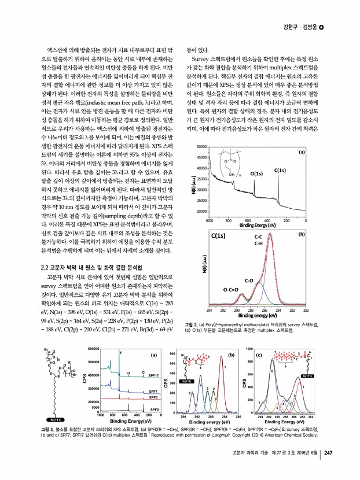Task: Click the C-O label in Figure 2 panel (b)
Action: [250, 280]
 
